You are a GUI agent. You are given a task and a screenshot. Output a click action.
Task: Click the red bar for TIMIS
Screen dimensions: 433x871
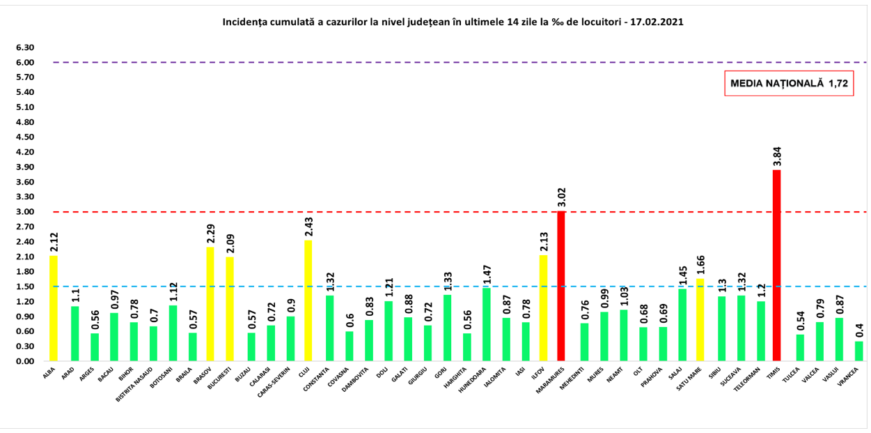pyautogui.click(x=777, y=265)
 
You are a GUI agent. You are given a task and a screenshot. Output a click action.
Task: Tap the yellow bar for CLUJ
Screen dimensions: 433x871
pyautogui.click(x=308, y=301)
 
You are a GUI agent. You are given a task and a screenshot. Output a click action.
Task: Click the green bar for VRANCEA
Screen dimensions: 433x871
pyautogui.click(x=858, y=351)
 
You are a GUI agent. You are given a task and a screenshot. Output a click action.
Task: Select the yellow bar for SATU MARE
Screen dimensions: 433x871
pyautogui.click(x=700, y=320)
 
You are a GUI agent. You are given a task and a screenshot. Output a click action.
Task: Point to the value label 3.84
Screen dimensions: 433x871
pyautogui.click(x=777, y=155)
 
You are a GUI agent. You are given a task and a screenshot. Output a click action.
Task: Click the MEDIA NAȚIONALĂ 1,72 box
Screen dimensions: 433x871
pyautogui.click(x=789, y=84)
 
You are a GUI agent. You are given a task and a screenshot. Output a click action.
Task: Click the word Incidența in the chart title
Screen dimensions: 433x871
pyautogui.click(x=244, y=22)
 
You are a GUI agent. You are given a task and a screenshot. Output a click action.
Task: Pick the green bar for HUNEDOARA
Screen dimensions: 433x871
pyautogui.click(x=487, y=324)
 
